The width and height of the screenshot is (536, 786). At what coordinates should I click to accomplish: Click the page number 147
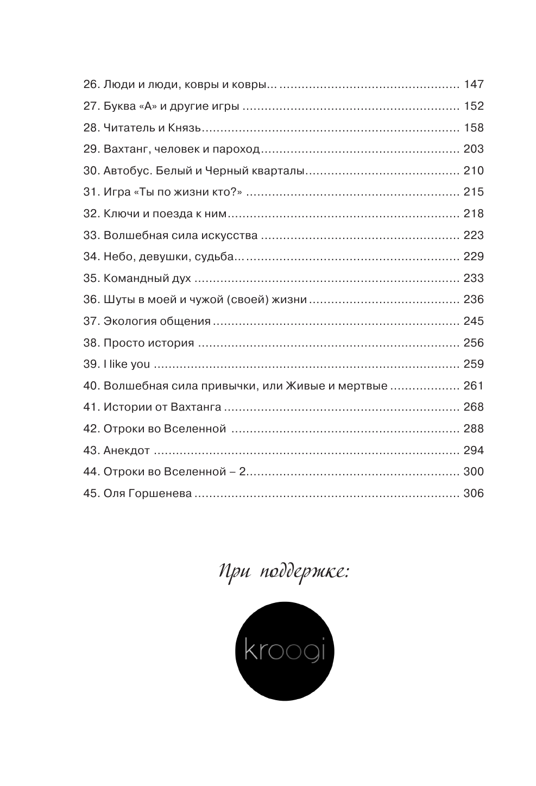[473, 85]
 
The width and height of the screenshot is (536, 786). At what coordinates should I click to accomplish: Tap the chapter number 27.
[90, 106]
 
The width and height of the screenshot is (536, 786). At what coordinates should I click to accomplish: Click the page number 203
[473, 149]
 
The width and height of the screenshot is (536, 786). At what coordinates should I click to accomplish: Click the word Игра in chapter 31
[116, 192]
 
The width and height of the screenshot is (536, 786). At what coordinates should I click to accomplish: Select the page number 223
[473, 236]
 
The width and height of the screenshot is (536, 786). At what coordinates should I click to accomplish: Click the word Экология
[129, 322]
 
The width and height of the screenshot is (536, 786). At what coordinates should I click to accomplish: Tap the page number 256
[473, 343]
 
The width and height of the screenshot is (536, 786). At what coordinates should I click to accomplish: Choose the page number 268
[473, 407]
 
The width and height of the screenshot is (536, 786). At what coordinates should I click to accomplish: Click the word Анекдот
[127, 451]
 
